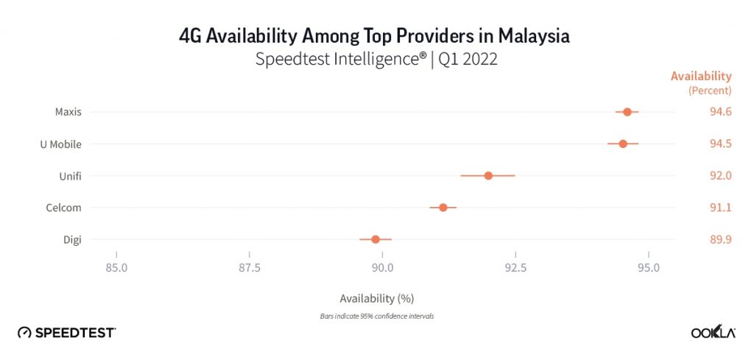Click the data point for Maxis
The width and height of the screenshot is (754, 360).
click(627, 112)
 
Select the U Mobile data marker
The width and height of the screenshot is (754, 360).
click(623, 144)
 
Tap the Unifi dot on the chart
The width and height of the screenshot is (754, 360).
click(488, 175)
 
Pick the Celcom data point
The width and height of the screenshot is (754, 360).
click(443, 208)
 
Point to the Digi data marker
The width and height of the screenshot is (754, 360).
click(376, 239)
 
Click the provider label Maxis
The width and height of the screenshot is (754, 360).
click(68, 112)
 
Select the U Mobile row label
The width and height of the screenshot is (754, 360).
click(60, 144)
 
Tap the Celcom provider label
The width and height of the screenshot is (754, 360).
click(63, 208)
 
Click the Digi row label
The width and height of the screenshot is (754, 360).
click(72, 239)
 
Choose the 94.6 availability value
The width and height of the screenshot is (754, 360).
click(720, 112)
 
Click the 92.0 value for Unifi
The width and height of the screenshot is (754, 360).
click(720, 175)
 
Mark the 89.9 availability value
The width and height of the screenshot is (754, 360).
click(720, 239)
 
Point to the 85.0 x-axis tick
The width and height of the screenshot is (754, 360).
click(116, 267)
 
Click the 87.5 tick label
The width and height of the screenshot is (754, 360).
click(250, 267)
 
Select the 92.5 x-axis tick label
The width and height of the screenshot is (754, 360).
click(515, 267)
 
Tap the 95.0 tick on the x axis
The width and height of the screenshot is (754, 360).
click(649, 267)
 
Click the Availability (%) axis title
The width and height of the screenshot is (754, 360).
click(377, 299)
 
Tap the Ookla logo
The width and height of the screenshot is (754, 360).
click(713, 333)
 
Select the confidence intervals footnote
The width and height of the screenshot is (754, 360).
click(377, 316)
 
